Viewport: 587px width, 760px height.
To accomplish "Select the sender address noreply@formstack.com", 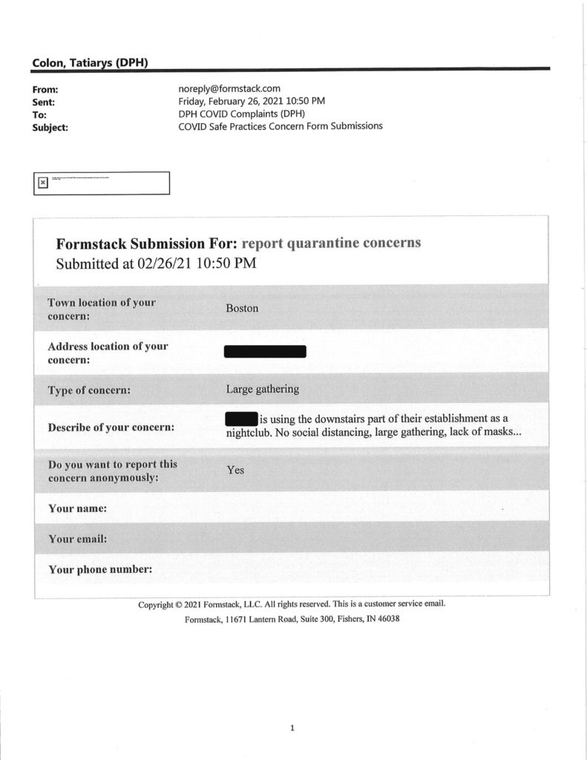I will [x=229, y=88].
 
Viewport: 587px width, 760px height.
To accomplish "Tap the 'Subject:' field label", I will [x=50, y=127].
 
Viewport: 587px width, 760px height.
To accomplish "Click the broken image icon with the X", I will [x=43, y=182].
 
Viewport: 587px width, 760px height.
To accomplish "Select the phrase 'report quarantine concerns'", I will [x=331, y=243].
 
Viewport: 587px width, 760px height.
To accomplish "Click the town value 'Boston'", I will [x=242, y=308].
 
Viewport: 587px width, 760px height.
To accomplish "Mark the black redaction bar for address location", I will [x=265, y=352].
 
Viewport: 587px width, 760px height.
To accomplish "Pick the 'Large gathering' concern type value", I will [x=263, y=389].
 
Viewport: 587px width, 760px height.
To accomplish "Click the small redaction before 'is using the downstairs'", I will [x=240, y=419].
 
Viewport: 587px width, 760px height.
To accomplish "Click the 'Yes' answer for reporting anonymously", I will [x=235, y=470].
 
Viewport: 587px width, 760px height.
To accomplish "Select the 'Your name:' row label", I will [x=77, y=508].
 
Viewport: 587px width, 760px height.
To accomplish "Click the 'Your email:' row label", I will [x=77, y=539].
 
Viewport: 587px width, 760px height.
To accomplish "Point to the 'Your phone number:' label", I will [x=100, y=569].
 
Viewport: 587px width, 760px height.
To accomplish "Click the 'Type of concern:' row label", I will [x=89, y=390].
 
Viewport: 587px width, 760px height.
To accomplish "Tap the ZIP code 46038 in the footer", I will [x=387, y=619].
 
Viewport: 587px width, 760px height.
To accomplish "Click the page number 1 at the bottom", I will [x=292, y=728].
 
